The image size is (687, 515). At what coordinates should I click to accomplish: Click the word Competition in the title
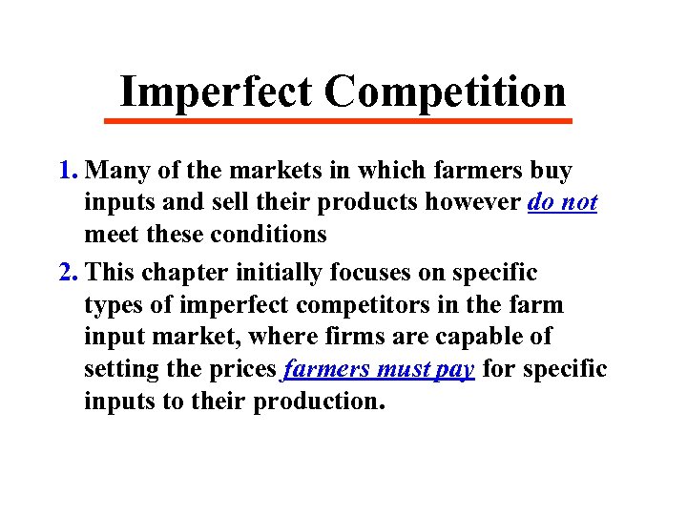click(445, 93)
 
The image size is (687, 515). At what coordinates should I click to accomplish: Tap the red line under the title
click(338, 121)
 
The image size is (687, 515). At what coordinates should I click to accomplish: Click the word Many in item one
click(136, 172)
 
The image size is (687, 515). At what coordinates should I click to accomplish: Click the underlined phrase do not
click(562, 203)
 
